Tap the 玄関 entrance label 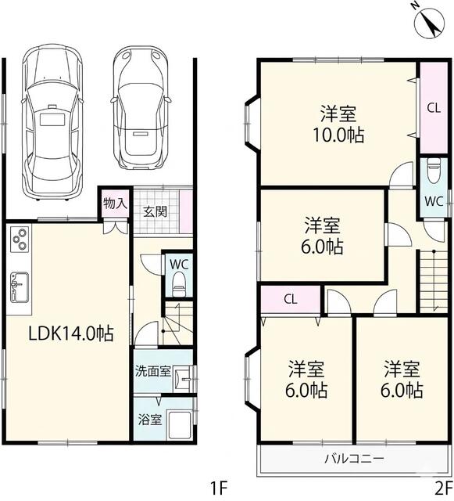pos(155,211)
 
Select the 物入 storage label pos(115,204)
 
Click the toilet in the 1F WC pos(179,283)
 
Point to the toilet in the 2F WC pos(433,171)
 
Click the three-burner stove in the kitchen pos(20,240)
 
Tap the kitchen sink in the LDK pos(19,287)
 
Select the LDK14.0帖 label pos(71,333)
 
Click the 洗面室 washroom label pos(153,372)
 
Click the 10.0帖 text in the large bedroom pos(338,135)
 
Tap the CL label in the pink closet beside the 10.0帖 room pos(434,108)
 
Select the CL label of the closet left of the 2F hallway pos(291,300)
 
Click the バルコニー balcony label pos(354,460)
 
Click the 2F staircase pos(433,281)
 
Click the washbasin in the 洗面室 pos(184,379)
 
